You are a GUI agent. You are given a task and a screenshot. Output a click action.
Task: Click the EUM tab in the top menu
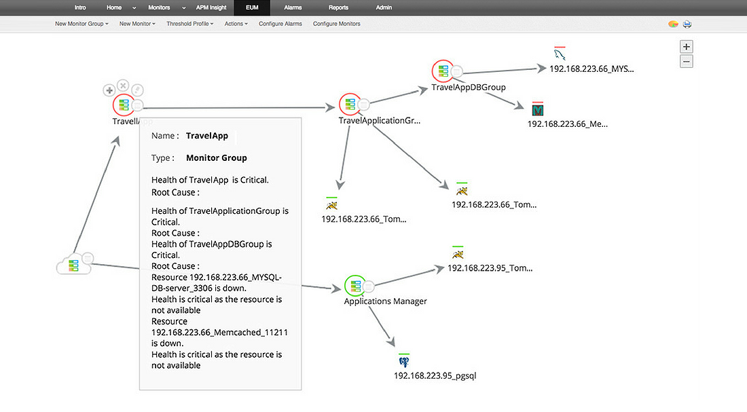point(251,7)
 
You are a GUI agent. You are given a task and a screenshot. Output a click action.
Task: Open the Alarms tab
point(293,7)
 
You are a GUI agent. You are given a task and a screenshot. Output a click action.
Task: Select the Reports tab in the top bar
point(338,7)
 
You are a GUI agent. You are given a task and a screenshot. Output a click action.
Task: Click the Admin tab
point(384,7)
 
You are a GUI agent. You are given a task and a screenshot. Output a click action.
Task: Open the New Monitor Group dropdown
point(81,24)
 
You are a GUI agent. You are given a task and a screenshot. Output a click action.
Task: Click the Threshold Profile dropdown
point(189,24)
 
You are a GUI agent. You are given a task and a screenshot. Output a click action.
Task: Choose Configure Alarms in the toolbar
point(280,24)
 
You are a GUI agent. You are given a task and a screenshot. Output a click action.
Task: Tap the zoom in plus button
point(687,47)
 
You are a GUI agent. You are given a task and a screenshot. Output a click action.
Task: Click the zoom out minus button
point(687,62)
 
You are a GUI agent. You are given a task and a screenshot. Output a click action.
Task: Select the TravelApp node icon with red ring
point(124,105)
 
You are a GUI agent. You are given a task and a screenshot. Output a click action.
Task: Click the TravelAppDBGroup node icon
point(443,71)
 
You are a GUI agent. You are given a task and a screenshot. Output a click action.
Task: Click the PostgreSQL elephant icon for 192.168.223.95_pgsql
point(405,361)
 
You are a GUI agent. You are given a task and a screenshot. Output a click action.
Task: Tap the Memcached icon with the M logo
point(539,109)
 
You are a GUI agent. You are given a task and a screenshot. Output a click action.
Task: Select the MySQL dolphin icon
point(560,54)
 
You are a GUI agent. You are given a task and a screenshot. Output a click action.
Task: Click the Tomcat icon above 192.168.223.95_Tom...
point(458,254)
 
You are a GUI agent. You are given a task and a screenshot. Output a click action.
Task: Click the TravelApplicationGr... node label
point(380,121)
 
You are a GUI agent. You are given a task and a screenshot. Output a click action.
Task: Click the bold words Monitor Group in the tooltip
point(216,158)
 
